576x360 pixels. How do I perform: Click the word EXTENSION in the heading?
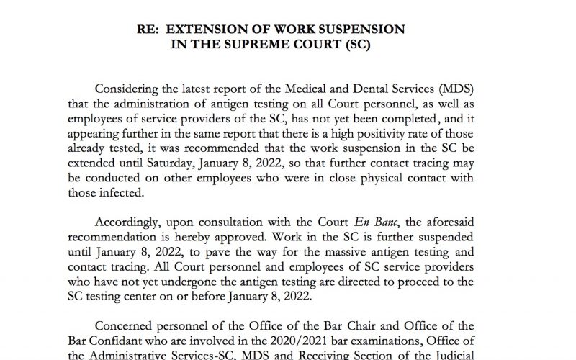point(234,30)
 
